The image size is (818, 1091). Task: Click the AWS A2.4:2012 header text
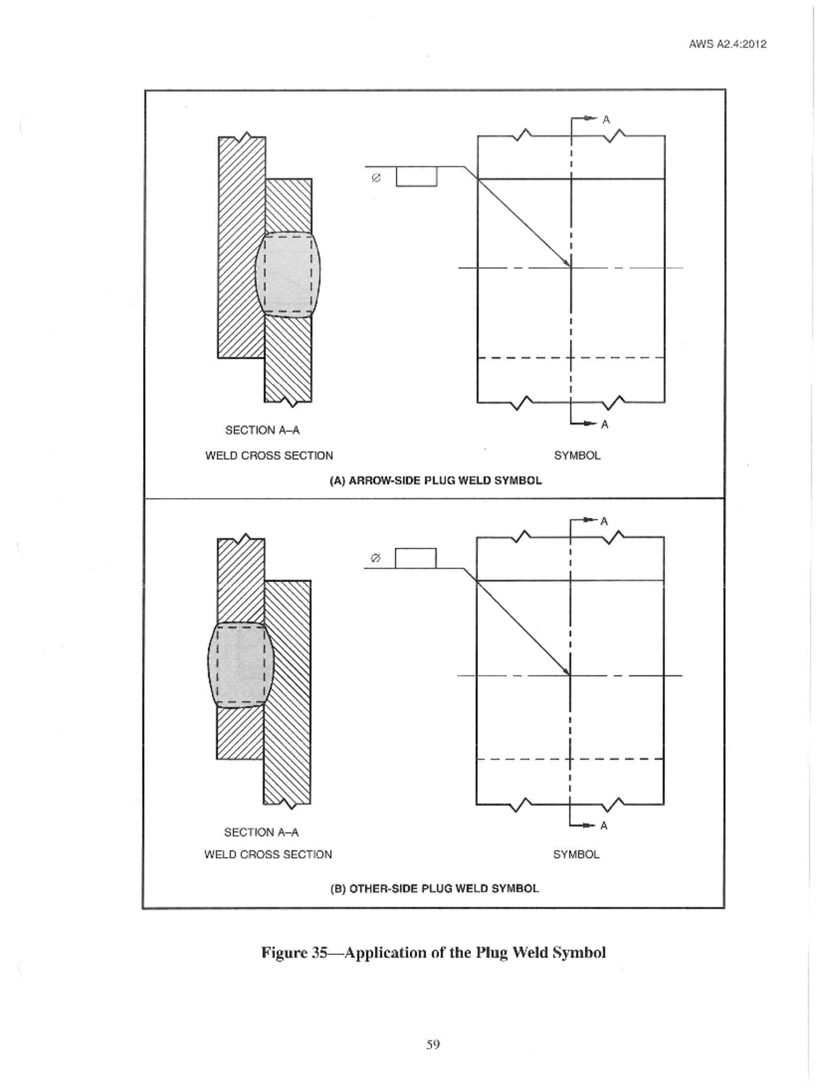click(727, 44)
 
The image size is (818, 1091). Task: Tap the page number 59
click(433, 1044)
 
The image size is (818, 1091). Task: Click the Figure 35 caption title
click(434, 952)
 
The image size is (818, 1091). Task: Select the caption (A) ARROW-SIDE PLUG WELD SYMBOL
click(436, 480)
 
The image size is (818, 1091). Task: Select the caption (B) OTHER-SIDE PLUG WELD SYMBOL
click(434, 889)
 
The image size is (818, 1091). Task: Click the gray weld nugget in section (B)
click(240, 664)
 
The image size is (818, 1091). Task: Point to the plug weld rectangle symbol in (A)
click(416, 176)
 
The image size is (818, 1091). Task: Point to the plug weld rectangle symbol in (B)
click(415, 558)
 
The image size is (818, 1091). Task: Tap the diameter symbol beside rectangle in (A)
click(375, 178)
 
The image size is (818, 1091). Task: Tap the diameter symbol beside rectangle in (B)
click(374, 558)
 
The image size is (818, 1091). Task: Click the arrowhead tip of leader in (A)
click(570, 266)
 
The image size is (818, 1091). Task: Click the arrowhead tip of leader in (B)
click(569, 674)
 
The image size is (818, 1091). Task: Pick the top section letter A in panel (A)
click(605, 120)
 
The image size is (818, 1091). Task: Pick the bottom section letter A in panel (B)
click(604, 826)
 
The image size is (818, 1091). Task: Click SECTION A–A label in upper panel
click(262, 430)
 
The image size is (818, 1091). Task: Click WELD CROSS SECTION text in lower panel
click(268, 855)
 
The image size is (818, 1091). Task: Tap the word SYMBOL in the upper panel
click(577, 455)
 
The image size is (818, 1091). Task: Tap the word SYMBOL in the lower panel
click(576, 855)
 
